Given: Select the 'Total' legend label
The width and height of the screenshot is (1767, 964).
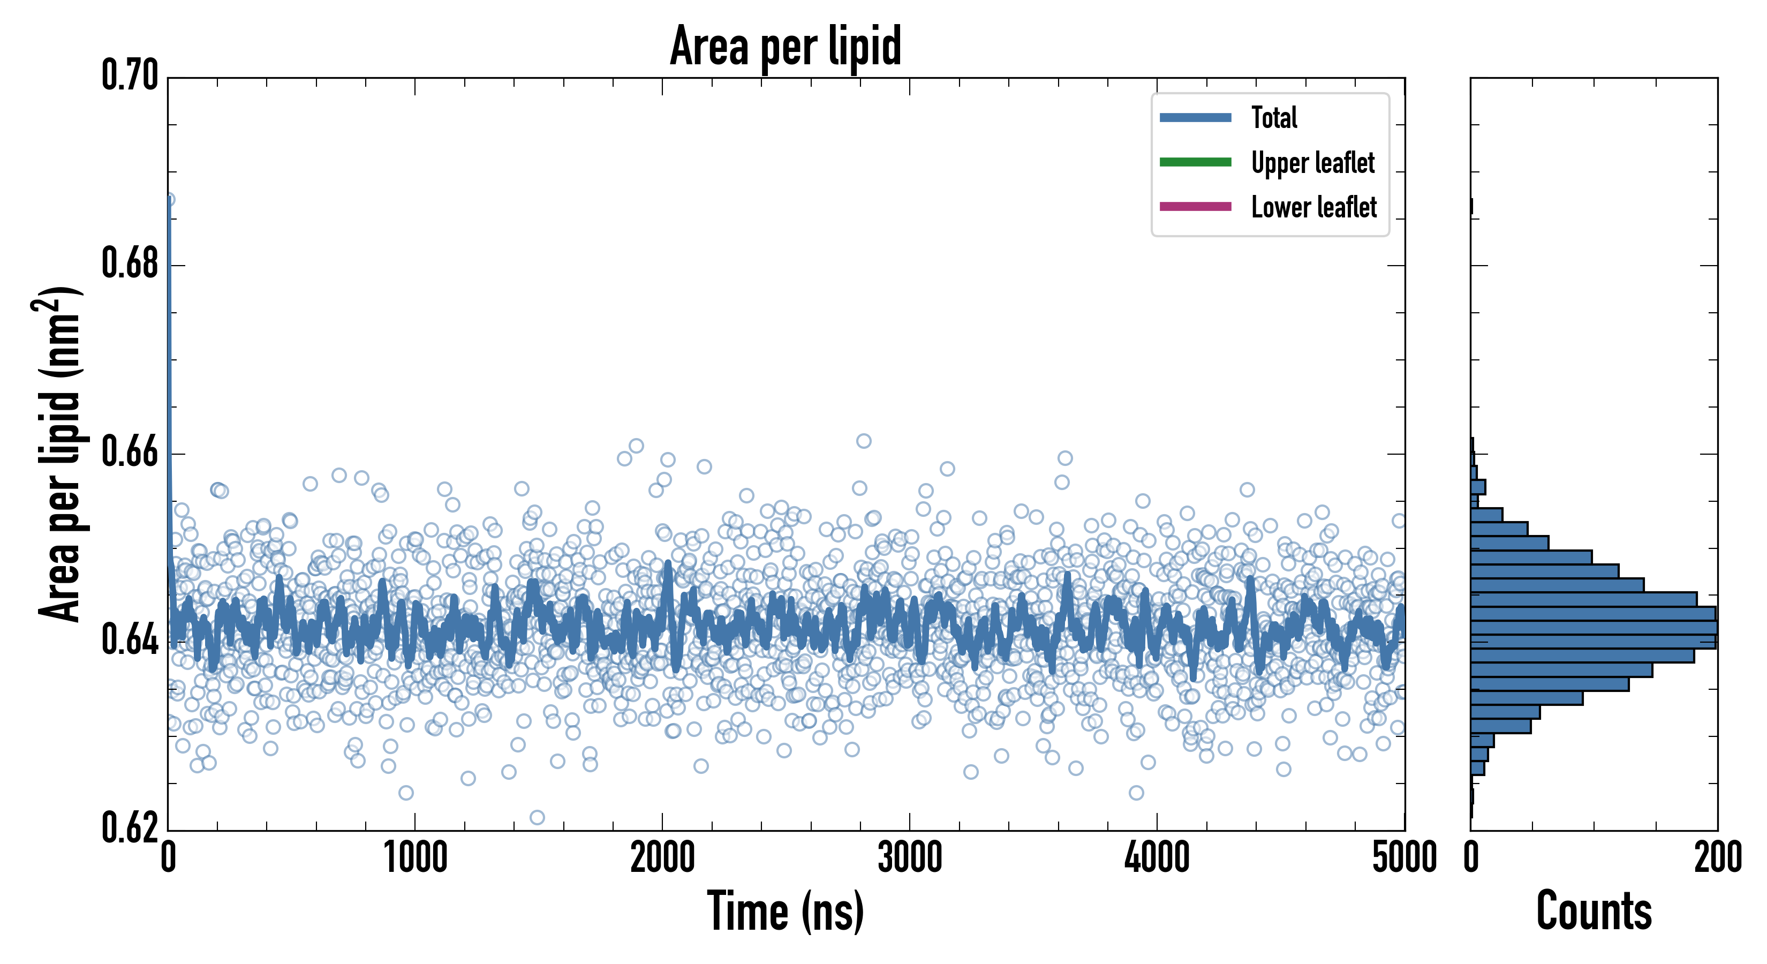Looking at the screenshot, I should [1274, 117].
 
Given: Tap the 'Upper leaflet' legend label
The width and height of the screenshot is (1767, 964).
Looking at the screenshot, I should [1312, 163].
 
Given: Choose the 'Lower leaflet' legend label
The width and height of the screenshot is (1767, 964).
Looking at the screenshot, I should [1313, 207].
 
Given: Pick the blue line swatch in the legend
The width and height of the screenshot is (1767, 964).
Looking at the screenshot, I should [1195, 117].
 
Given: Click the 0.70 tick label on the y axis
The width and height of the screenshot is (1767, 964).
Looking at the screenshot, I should [130, 76].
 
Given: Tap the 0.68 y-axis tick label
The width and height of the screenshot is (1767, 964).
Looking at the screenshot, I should [130, 264].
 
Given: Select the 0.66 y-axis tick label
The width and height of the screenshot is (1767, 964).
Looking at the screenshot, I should [130, 453].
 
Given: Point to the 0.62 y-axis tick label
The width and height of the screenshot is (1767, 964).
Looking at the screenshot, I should [130, 828].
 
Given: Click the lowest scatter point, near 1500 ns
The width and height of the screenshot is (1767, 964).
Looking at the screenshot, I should [537, 817].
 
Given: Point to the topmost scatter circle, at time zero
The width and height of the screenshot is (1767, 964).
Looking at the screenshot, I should [169, 200].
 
